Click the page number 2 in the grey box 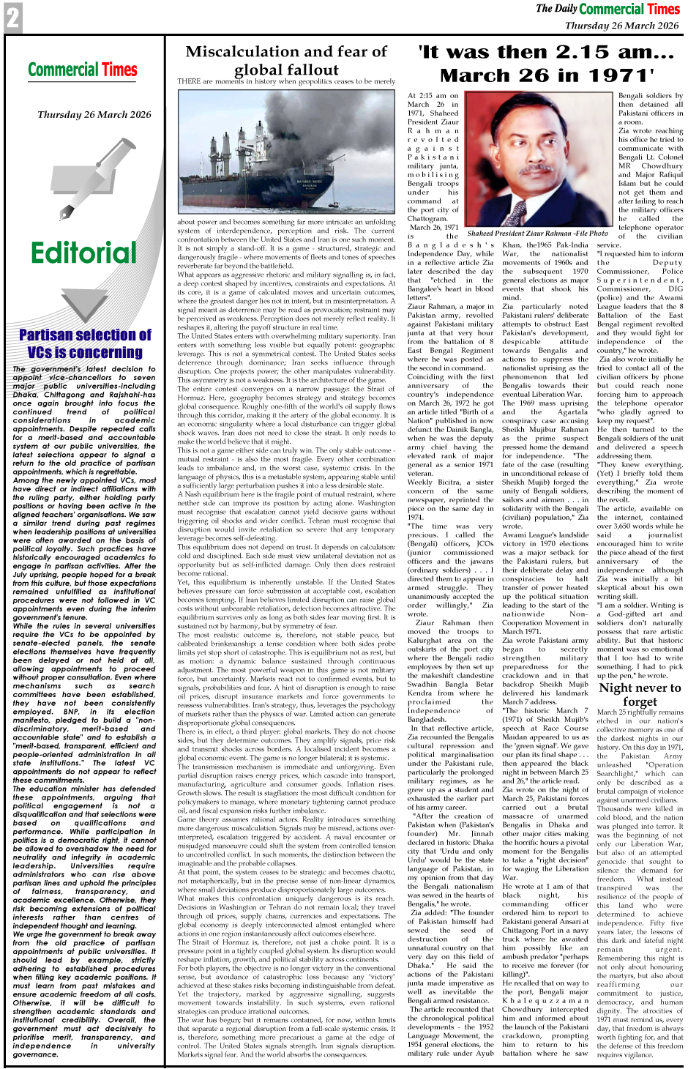click(12, 18)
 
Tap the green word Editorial click(83, 253)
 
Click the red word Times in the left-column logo click(119, 70)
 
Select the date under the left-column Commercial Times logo click(94, 114)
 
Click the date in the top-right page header click(621, 25)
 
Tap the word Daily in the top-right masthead click(565, 8)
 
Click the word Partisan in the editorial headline click(52, 335)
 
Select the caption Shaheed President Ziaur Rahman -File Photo click(537, 233)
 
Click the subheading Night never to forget click(640, 694)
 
